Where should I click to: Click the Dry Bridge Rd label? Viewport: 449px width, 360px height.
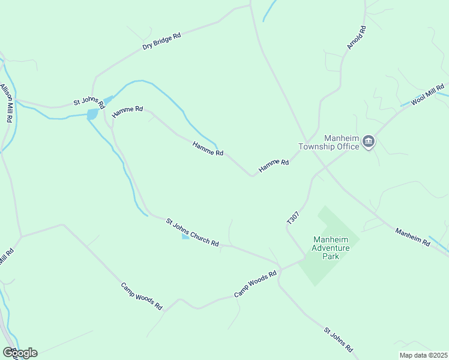pyautogui.click(x=161, y=41)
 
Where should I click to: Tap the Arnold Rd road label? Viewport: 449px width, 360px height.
pyautogui.click(x=356, y=37)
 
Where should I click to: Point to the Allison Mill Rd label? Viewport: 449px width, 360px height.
pyautogui.click(x=7, y=103)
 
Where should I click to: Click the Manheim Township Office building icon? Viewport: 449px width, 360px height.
pyautogui.click(x=369, y=142)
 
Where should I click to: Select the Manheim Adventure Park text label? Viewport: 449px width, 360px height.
pyautogui.click(x=330, y=248)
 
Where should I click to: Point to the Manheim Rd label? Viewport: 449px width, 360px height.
pyautogui.click(x=412, y=237)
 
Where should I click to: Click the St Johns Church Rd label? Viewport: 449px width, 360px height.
pyautogui.click(x=192, y=232)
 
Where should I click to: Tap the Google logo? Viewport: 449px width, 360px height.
pyautogui.click(x=20, y=353)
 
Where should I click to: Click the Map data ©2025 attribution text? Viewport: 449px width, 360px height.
pyautogui.click(x=423, y=355)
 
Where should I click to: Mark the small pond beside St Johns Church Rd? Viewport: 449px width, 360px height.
pyautogui.click(x=185, y=237)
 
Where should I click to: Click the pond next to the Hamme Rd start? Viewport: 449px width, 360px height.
pyautogui.click(x=92, y=113)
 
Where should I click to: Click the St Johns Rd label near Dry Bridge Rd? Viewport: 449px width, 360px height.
pyautogui.click(x=89, y=103)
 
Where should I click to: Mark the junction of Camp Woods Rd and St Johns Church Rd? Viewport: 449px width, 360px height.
pyautogui.click(x=279, y=267)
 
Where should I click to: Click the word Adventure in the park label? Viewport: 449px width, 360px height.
pyautogui.click(x=330, y=248)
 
